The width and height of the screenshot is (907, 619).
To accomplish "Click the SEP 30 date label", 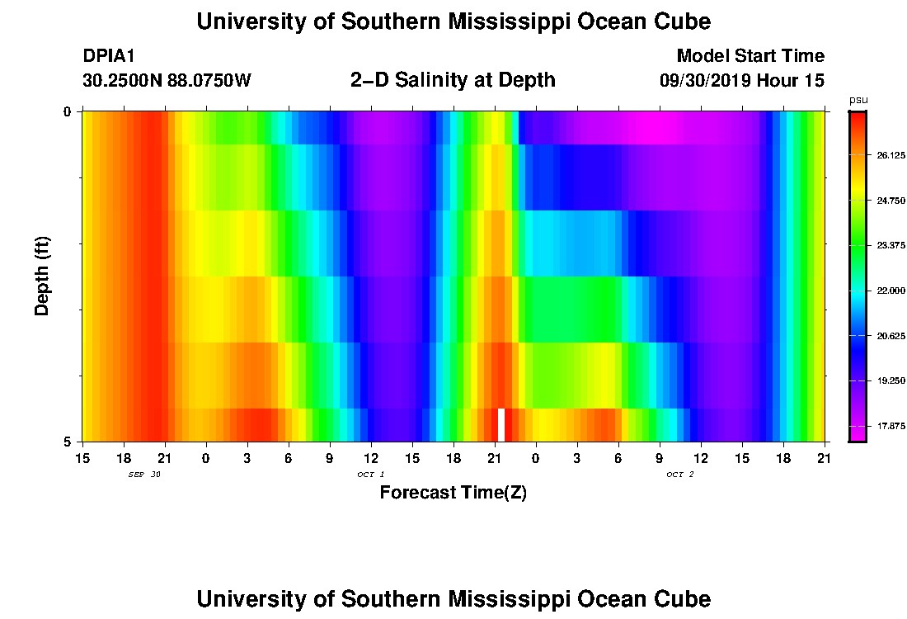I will coord(144,474).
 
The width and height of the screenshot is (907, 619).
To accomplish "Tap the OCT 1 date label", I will coord(371,474).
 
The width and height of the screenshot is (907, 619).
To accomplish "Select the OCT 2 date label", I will coord(680,474).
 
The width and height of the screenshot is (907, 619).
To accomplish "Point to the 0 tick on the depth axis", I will coord(68,112).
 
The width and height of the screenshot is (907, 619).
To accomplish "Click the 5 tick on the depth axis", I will coord(68,442).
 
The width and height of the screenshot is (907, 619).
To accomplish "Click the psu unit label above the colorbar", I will coord(858,100).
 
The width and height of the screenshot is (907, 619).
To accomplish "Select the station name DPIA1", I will coord(109,56).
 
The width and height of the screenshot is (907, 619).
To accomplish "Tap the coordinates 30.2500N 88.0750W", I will coord(167,81).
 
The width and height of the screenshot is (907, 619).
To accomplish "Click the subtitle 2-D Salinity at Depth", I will coord(453,80).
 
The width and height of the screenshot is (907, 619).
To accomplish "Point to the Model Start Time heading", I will coord(750,56).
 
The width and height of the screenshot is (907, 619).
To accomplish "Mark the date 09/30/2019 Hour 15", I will coord(742,81).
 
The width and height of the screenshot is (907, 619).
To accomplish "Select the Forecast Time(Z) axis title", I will coord(453,493).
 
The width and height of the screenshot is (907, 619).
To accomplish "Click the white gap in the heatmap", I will coord(501,424).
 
